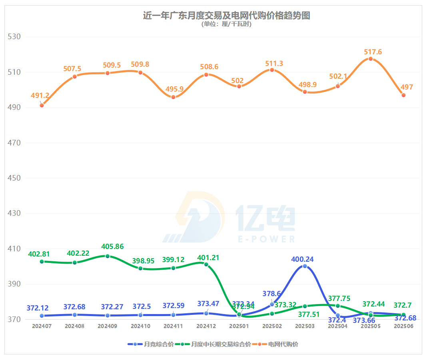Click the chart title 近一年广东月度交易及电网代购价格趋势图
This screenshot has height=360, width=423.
click(227, 16)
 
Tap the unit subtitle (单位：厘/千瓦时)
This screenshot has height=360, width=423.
click(227, 24)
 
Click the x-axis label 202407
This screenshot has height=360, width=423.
click(42, 326)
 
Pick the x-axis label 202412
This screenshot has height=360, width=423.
click(206, 326)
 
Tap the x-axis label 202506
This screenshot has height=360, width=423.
click(403, 326)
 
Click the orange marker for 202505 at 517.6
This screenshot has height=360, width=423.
click(371, 59)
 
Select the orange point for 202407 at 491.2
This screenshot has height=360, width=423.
click(42, 105)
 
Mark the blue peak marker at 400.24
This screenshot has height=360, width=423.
click(305, 266)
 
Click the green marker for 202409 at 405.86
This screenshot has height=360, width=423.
click(108, 256)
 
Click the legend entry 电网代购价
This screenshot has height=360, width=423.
click(283, 344)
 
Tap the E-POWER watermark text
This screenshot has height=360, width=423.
click(266, 239)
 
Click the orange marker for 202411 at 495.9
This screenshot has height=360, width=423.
click(173, 97)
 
